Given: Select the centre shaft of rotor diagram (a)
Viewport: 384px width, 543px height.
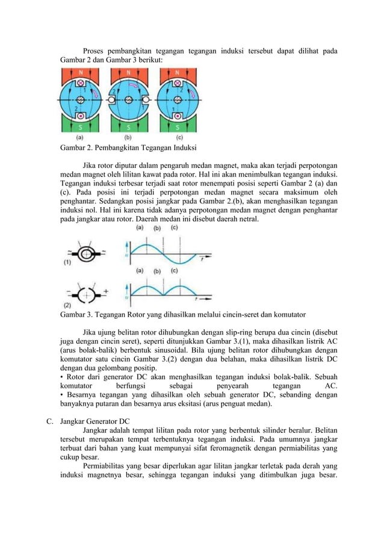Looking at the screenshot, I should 81,101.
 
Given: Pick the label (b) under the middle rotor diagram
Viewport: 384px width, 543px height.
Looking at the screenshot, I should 128,138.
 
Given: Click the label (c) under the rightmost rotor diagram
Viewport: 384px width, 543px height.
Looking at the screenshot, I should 176,138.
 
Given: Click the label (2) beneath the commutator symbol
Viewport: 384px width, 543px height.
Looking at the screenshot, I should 68,305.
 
